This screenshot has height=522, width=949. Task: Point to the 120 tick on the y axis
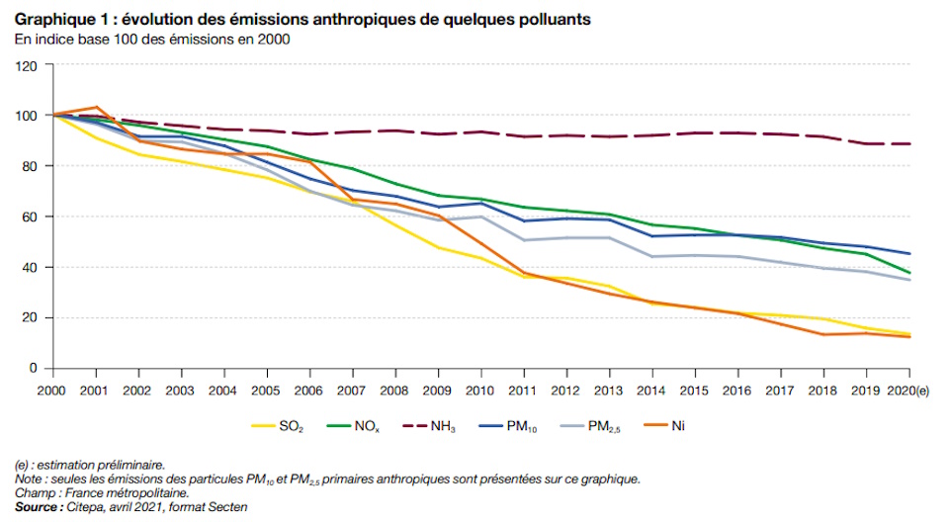click(x=27, y=65)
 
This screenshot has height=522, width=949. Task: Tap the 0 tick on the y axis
click(x=34, y=368)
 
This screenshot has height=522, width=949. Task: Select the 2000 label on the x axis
click(x=50, y=390)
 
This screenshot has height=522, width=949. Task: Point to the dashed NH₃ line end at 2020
click(x=909, y=143)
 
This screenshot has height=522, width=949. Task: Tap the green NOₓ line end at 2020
click(x=909, y=273)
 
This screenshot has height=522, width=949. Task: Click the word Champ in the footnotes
click(x=35, y=492)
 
